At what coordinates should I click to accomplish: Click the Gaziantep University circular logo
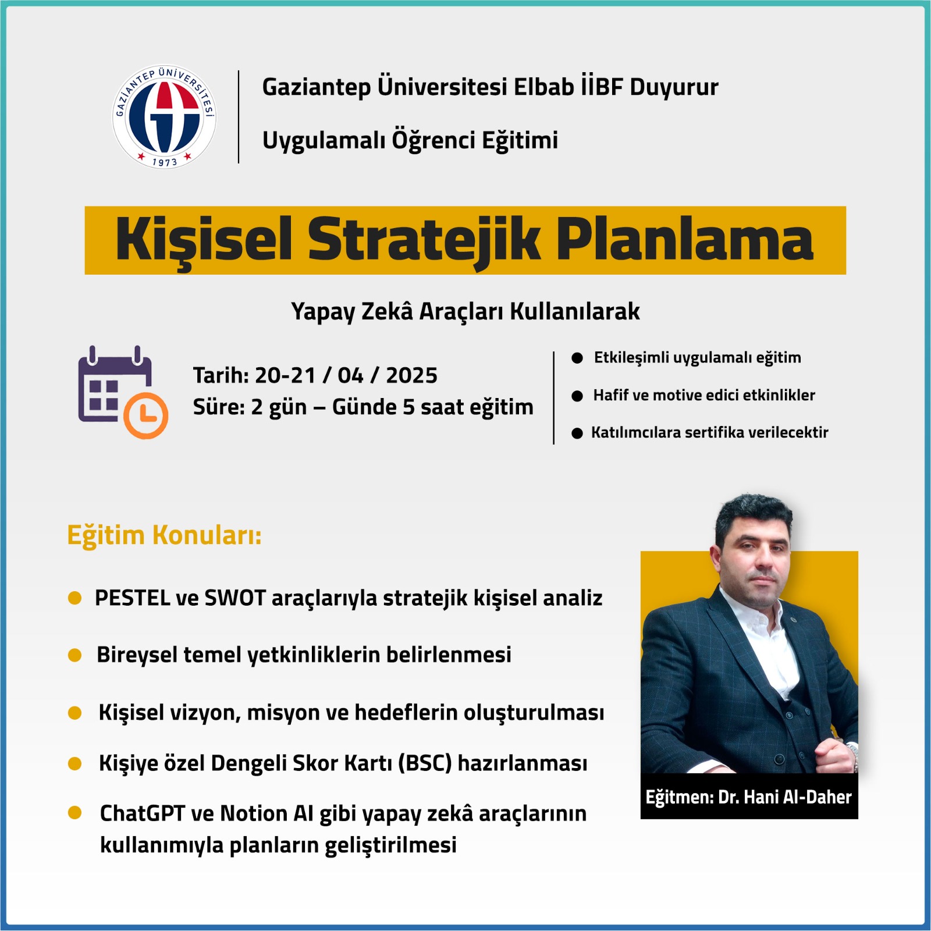point(164,116)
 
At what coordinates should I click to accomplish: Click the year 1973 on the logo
point(165,162)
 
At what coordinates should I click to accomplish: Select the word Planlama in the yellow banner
point(685,240)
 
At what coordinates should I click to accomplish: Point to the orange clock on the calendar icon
point(145,415)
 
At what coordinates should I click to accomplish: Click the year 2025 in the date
point(411,375)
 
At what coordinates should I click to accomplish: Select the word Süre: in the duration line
point(219,407)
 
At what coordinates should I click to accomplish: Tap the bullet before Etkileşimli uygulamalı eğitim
point(577,358)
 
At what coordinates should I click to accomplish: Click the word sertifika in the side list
point(715,432)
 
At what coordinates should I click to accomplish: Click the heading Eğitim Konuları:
point(165,535)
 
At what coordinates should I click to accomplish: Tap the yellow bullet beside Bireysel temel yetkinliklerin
point(74,655)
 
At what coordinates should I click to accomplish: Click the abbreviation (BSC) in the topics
point(425,763)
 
